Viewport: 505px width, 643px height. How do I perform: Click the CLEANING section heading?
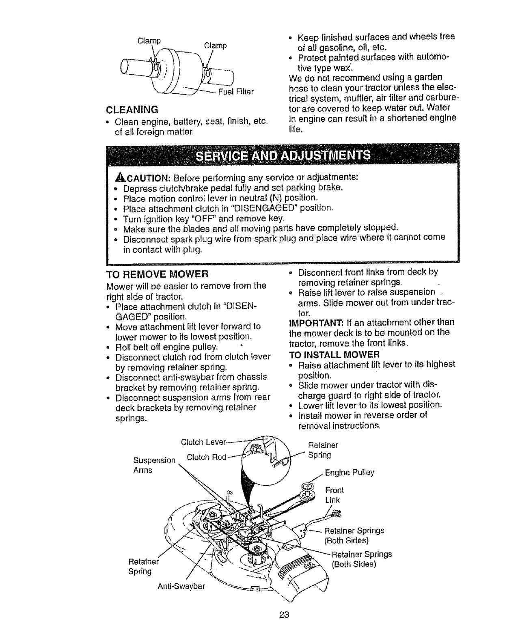point(132,110)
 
